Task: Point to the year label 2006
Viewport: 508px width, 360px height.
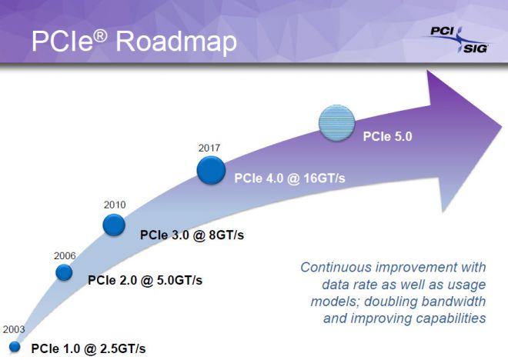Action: pyautogui.click(x=65, y=254)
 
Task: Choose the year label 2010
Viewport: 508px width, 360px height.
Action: pyautogui.click(x=115, y=205)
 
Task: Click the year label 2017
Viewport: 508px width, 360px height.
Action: pyautogui.click(x=210, y=146)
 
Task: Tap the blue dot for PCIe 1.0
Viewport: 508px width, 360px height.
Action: pyautogui.click(x=15, y=346)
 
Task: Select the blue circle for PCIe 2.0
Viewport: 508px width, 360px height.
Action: pyautogui.click(x=64, y=272)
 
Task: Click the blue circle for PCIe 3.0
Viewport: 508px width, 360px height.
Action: pyautogui.click(x=114, y=225)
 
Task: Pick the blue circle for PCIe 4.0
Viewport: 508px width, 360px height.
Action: pyautogui.click(x=211, y=169)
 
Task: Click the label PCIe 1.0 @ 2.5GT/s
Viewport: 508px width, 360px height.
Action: pyautogui.click(x=88, y=348)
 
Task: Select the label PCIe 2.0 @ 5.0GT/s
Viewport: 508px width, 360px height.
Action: pyautogui.click(x=145, y=280)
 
